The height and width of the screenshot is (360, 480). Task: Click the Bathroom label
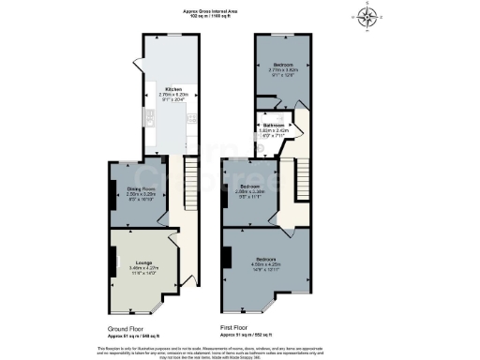point(274,124)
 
